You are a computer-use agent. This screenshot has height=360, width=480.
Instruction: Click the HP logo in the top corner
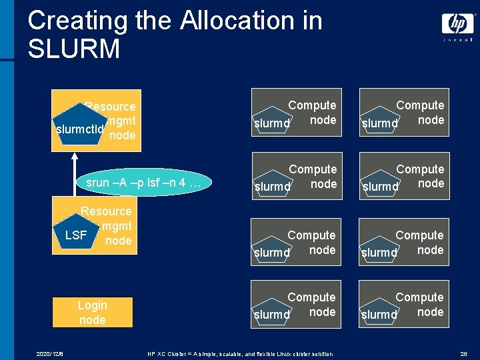coord(458,25)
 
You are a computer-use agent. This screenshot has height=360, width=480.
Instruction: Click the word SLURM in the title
coord(74,49)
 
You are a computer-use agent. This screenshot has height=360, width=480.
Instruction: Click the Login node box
coord(92,312)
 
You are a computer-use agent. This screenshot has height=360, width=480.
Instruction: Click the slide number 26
coord(463,353)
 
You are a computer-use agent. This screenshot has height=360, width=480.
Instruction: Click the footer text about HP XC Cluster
coord(240,353)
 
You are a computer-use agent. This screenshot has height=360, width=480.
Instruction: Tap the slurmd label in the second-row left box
coord(272,187)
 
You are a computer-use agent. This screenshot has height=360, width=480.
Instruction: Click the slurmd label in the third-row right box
coord(379,253)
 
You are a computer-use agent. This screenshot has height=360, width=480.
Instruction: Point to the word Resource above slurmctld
coord(111,107)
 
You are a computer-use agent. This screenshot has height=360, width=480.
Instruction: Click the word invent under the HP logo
coord(458,39)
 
